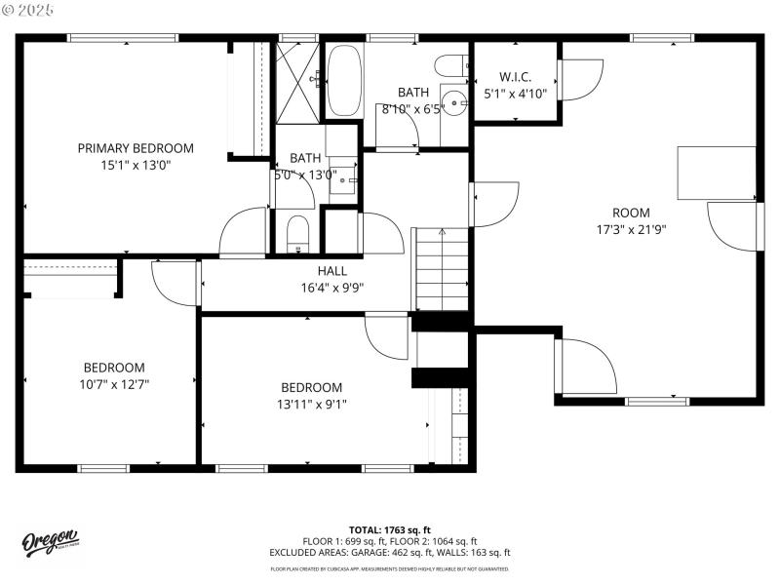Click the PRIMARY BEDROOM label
click(136, 148)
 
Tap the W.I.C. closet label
click(515, 77)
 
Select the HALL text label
click(331, 271)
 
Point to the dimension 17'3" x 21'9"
click(631, 230)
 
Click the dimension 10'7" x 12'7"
click(114, 384)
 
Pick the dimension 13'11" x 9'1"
click(312, 404)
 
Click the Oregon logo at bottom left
click(51, 543)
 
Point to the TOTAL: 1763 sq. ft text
click(390, 529)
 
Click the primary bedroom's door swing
click(244, 232)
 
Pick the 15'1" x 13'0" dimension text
click(136, 165)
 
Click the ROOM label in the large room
click(631, 214)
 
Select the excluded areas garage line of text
click(390, 552)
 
